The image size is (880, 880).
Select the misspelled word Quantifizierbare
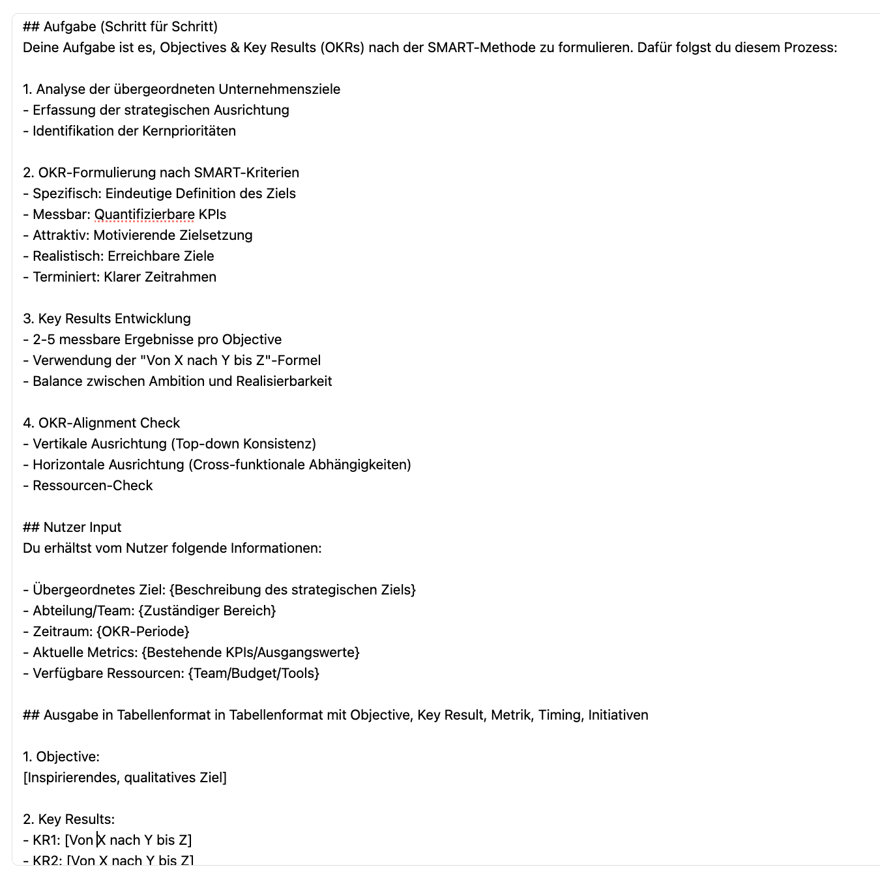tap(144, 214)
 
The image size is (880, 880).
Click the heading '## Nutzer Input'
tap(72, 527)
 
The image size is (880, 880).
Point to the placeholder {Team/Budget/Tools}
tap(254, 673)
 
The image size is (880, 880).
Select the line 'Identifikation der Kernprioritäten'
tap(134, 131)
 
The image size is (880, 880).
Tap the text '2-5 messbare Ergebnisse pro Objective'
tap(157, 340)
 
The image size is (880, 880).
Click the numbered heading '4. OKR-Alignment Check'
tap(101, 423)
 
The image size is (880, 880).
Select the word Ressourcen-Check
tap(93, 486)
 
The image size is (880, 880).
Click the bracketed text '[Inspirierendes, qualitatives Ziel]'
tap(125, 778)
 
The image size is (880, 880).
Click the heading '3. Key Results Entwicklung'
tap(107, 319)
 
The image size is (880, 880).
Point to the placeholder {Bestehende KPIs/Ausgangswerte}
tap(250, 653)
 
